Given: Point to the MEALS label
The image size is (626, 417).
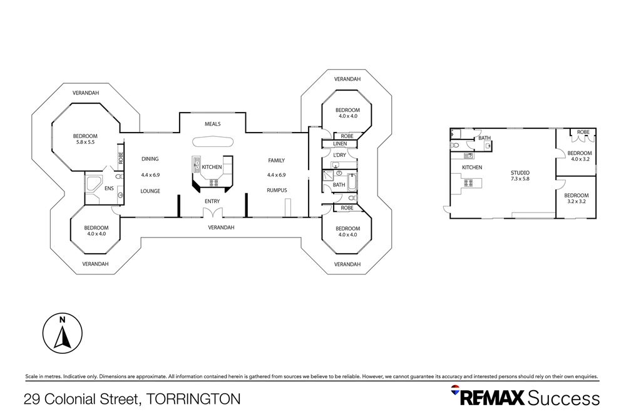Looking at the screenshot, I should (x=213, y=124).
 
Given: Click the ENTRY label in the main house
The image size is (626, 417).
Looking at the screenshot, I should (x=213, y=201).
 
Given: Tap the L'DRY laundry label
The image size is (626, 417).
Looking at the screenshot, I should (x=340, y=154).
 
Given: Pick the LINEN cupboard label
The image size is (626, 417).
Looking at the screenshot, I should (x=339, y=144).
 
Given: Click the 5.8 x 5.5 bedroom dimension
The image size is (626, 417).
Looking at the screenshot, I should (x=85, y=143).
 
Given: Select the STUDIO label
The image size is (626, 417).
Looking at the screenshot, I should (x=520, y=173).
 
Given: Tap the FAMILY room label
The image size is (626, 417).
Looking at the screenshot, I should (x=277, y=160).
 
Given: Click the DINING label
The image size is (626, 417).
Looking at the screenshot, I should (x=150, y=159).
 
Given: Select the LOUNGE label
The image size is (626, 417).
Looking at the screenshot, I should (x=150, y=191).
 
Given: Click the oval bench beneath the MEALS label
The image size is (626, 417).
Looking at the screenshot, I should (x=213, y=141).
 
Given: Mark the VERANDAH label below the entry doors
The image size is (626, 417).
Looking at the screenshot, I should (x=221, y=228).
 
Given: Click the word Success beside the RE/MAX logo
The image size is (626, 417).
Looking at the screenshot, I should (x=563, y=398).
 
